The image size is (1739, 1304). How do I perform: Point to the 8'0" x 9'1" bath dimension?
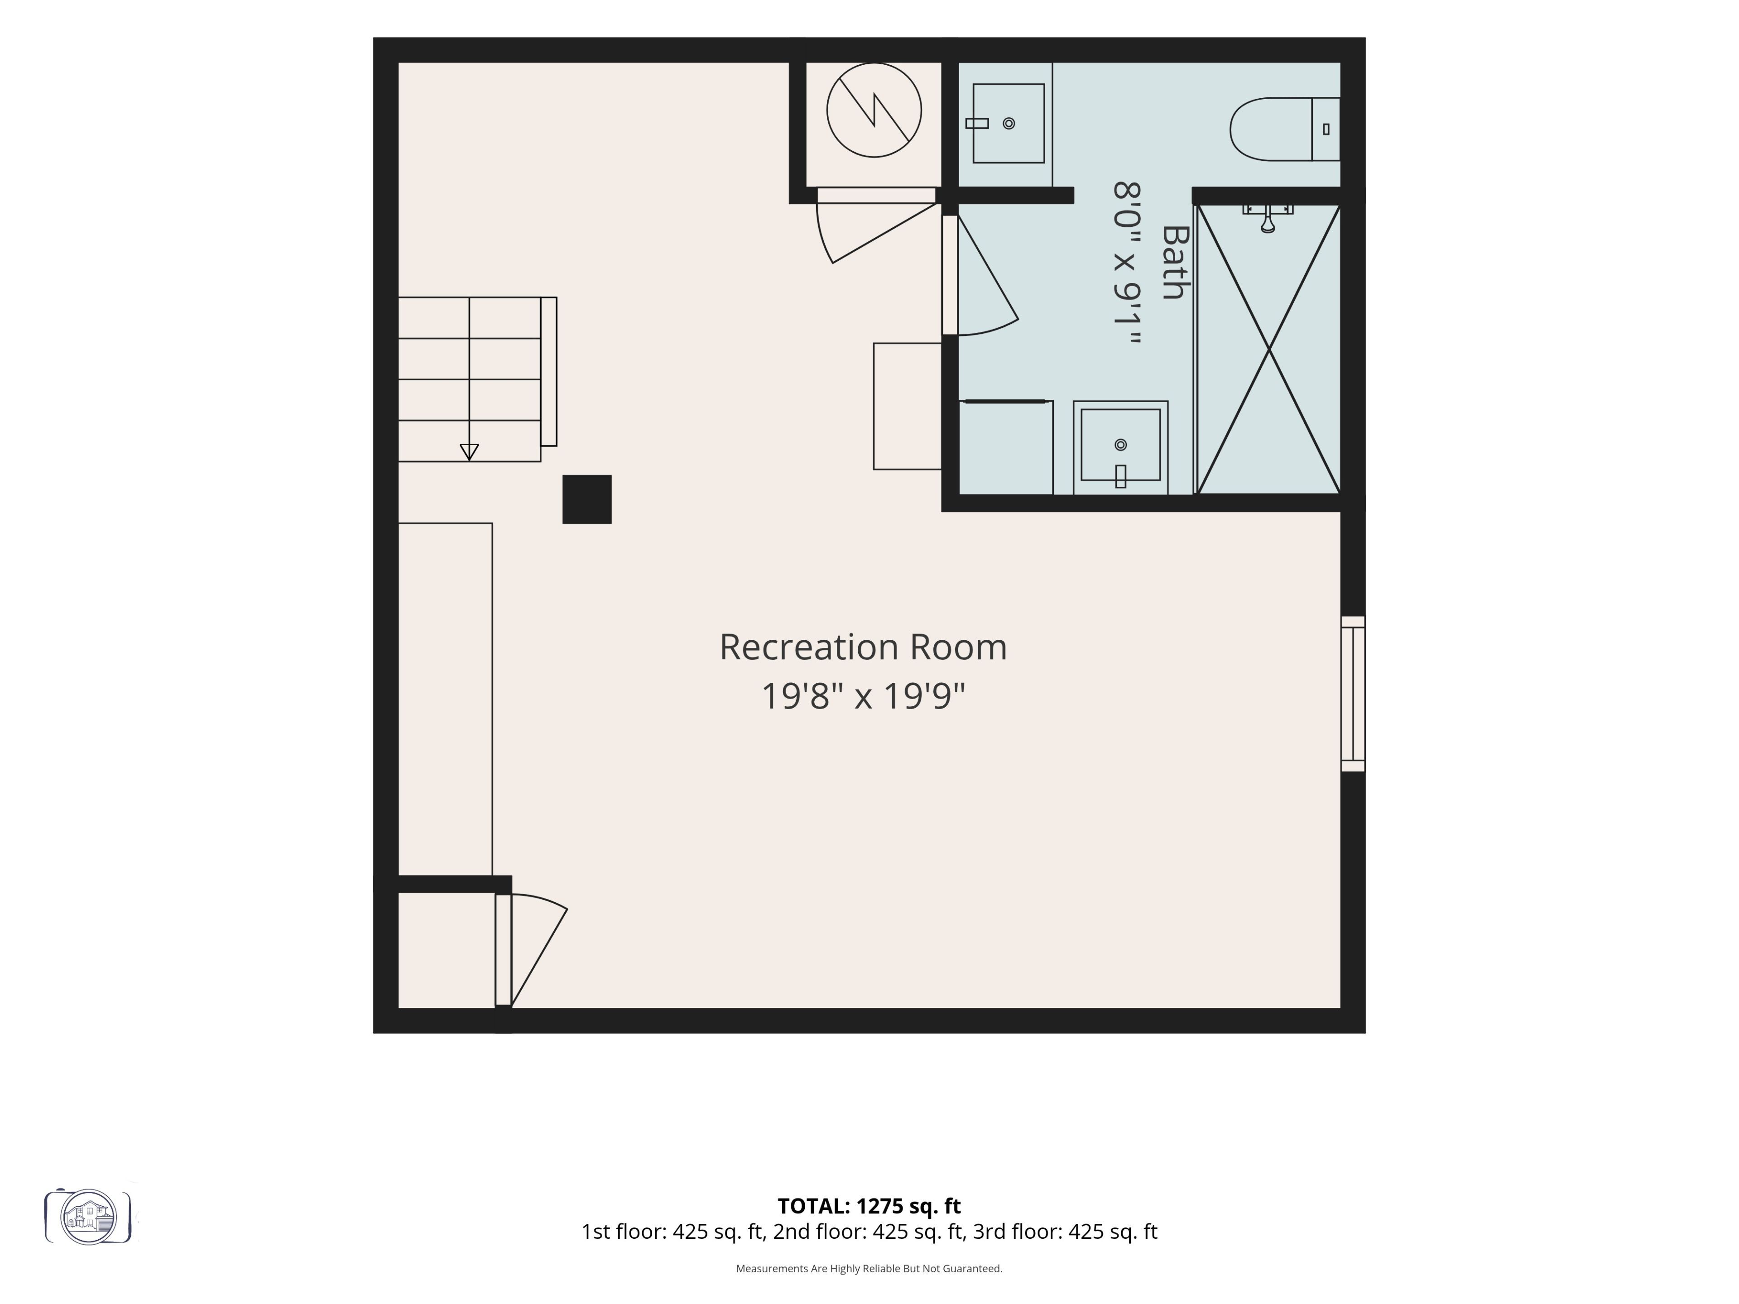coord(1127,264)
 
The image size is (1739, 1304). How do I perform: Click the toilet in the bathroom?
coord(1285,129)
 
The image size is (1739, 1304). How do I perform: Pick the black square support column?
coord(586,499)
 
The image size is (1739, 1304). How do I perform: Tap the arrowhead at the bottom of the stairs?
coord(469,452)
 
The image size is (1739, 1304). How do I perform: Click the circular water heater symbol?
coord(874,110)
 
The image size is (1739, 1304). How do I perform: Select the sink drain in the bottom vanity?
coord(1120,445)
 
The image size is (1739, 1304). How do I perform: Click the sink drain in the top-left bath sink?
coord(1009,124)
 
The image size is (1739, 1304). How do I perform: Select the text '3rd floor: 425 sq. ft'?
coord(1065,1232)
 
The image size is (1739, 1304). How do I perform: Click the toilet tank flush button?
coord(1326,129)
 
